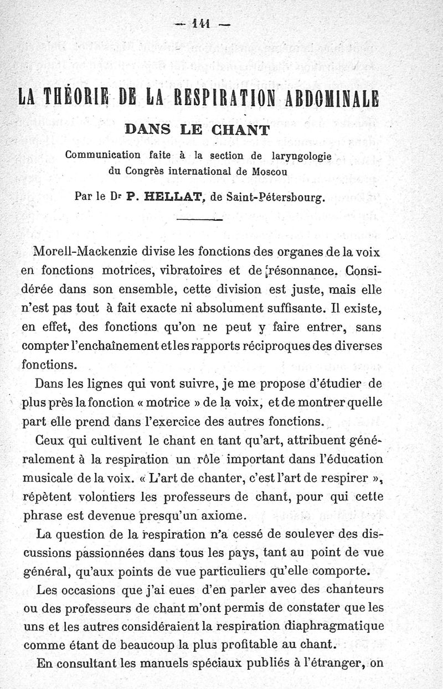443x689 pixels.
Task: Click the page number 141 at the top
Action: (202, 24)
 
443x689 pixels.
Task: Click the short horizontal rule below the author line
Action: (199, 220)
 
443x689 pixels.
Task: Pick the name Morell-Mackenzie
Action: (81, 251)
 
